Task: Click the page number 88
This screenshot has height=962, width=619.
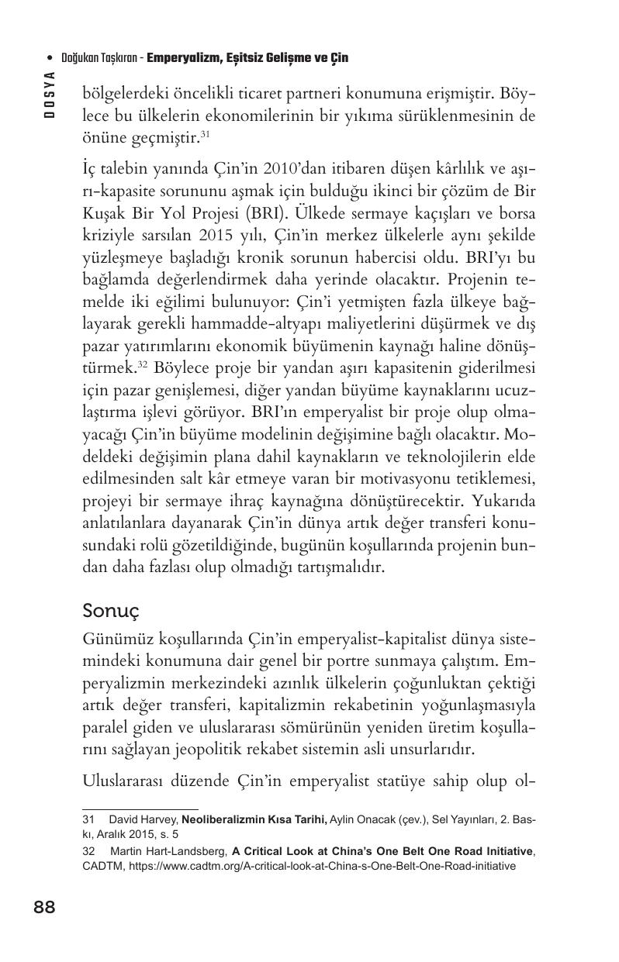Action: [44, 907]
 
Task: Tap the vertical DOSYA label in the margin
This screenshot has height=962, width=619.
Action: [50, 92]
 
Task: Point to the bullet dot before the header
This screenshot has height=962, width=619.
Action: [50, 58]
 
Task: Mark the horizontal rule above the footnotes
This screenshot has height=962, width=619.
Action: [140, 809]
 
